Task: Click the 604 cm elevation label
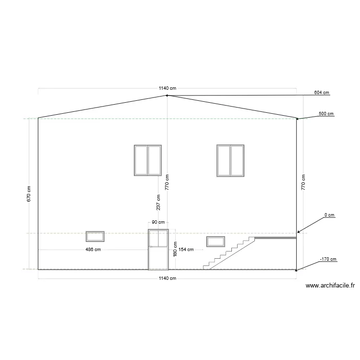pyautogui.click(x=322, y=93)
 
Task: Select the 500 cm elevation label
pyautogui.click(x=326, y=114)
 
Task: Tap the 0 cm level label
pyautogui.click(x=329, y=215)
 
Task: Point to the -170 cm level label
pyautogui.click(x=328, y=259)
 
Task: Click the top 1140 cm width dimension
pyautogui.click(x=168, y=88)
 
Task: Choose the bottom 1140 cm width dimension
pyautogui.click(x=168, y=278)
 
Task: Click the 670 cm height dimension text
pyautogui.click(x=29, y=194)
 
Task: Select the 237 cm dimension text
pyautogui.click(x=158, y=203)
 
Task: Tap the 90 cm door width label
pyautogui.click(x=158, y=222)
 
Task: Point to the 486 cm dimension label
pyautogui.click(x=93, y=250)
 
